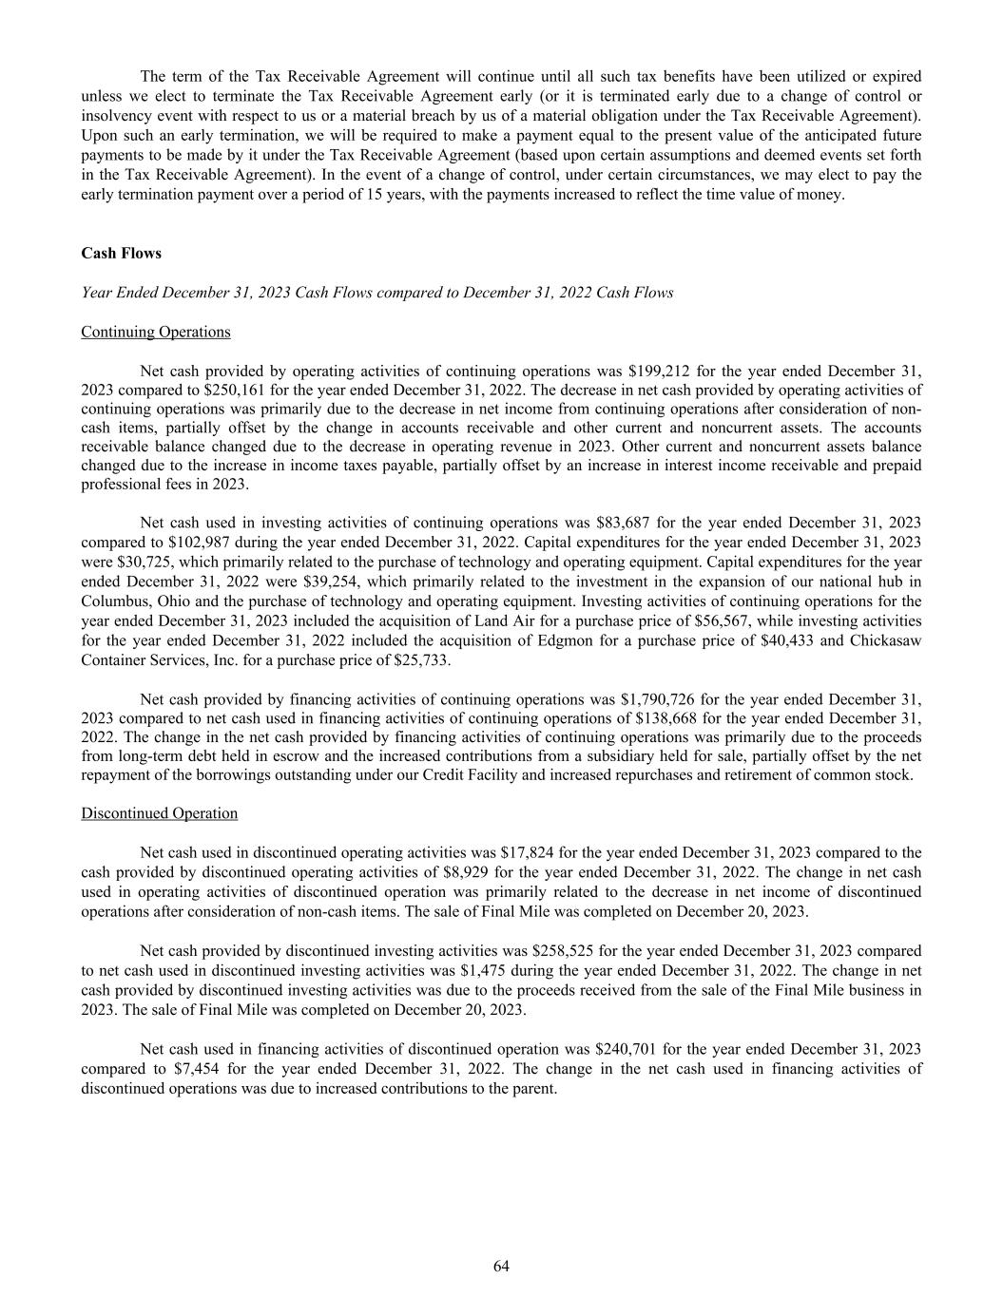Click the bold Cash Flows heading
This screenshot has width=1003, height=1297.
[121, 254]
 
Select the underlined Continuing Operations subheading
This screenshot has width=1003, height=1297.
[156, 332]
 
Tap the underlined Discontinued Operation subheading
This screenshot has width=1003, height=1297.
[159, 813]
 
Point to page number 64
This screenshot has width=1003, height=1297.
[501, 1266]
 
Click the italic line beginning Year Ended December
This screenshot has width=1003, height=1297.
[377, 293]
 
